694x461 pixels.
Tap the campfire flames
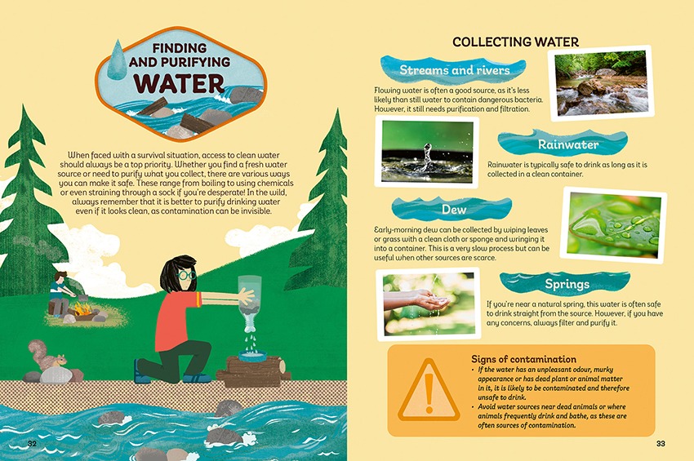[82, 308]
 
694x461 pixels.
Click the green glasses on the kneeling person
[185, 275]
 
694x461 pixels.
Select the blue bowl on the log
[253, 355]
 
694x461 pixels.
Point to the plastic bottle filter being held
[250, 302]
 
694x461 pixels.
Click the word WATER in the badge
[180, 83]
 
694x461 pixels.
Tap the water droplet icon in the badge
[118, 60]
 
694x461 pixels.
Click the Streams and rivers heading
[455, 70]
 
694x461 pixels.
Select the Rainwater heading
[568, 144]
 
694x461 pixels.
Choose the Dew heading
[454, 209]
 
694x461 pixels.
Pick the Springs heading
[567, 284]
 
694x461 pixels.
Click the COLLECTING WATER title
[516, 42]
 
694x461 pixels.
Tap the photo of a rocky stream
[601, 83]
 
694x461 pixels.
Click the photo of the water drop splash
[427, 152]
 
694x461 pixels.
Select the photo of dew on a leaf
[614, 225]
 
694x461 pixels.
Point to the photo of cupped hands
[428, 304]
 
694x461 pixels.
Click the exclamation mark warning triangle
[429, 390]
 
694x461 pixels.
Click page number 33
[661, 443]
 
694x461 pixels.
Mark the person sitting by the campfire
[60, 293]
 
